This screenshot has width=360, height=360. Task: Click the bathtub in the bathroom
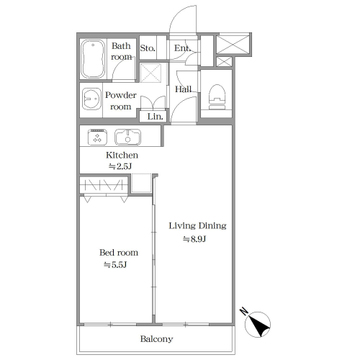click(93, 59)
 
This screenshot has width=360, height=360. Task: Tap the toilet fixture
click(216, 97)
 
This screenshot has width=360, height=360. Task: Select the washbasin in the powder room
click(91, 99)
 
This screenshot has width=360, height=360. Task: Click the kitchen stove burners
click(97, 137)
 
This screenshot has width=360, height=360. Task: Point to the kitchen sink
click(128, 137)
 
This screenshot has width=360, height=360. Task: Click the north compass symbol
click(257, 323)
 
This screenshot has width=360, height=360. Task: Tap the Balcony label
click(157, 339)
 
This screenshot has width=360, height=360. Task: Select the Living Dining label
click(198, 226)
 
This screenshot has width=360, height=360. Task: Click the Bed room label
click(119, 253)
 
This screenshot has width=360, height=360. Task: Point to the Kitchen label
click(122, 155)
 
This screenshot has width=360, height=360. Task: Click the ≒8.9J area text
click(193, 239)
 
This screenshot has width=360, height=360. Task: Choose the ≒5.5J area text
click(116, 265)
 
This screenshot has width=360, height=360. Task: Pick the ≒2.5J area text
click(121, 167)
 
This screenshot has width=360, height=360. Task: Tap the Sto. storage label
click(148, 48)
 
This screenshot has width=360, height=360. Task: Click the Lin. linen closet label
click(155, 117)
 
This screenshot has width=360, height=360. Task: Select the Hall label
click(183, 89)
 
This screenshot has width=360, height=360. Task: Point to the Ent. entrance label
click(183, 48)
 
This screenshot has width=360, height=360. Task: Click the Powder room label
click(121, 101)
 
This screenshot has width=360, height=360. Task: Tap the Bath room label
click(121, 51)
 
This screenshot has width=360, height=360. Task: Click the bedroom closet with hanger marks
click(104, 184)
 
